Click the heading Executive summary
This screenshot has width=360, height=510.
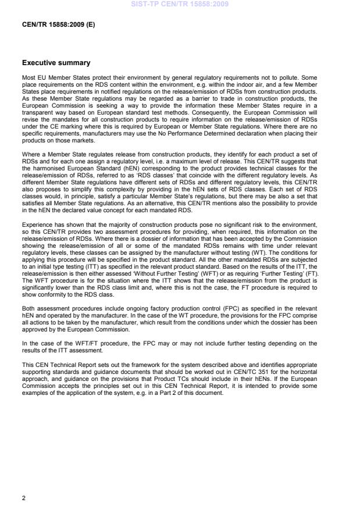pyautogui.click(x=56, y=63)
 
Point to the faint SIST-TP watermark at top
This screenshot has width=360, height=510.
pyautogui.click(x=180, y=4)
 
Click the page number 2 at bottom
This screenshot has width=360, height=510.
pyautogui.click(x=24, y=498)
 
